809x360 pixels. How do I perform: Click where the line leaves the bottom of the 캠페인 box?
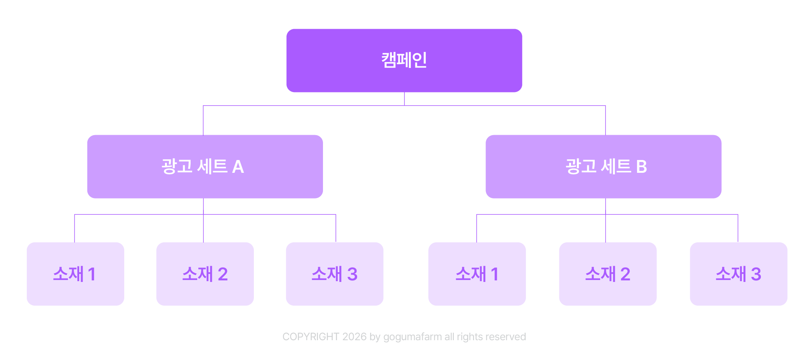pos(404,92)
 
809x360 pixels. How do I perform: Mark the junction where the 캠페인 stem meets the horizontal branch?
pos(404,105)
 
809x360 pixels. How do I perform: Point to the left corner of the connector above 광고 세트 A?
pos(203,105)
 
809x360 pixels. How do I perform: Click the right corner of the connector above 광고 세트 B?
pos(605,105)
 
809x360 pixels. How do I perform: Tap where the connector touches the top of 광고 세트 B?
pos(605,135)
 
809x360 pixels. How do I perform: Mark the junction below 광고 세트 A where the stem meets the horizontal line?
pos(203,214)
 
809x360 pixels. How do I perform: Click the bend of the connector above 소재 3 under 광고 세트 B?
pos(738,214)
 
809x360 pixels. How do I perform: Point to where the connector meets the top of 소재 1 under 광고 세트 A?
pos(75,242)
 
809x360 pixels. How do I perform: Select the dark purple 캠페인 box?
pos(404,61)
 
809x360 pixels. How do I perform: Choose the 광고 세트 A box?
pos(205,167)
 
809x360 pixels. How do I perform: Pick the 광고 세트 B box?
pos(604,167)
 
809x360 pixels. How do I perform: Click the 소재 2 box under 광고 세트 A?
pos(205,274)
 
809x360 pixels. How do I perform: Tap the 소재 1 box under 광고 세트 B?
pos(477,274)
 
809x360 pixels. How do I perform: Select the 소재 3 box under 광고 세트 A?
pos(335,274)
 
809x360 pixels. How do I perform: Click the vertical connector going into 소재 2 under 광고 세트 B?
pos(606,228)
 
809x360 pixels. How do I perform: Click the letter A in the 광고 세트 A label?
pos(238,167)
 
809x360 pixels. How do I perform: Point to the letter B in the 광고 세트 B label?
pos(641,167)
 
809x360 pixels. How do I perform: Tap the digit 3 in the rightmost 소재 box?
pos(756,274)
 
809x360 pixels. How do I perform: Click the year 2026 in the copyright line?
pos(354,337)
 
